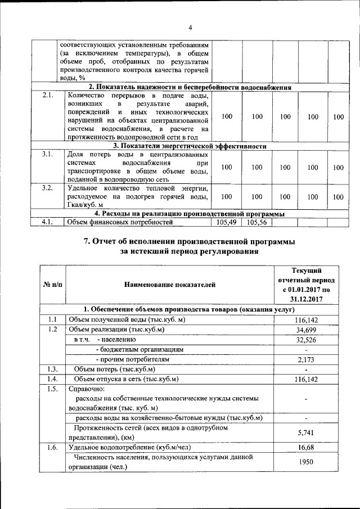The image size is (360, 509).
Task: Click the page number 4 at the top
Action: [x=190, y=28]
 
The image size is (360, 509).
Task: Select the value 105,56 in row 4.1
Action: [x=256, y=222]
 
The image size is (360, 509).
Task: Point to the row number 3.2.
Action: [x=47, y=188]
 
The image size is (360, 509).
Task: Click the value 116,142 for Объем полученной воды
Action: [x=306, y=319]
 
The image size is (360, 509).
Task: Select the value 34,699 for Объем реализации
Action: [x=306, y=330]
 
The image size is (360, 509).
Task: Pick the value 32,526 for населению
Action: [x=306, y=340]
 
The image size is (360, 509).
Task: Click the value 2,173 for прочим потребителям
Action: [x=306, y=359]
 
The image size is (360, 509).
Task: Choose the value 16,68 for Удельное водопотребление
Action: [x=306, y=448]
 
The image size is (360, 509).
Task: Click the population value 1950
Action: [x=306, y=462]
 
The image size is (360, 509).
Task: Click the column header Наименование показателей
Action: [x=169, y=285]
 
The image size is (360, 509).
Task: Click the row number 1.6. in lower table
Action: [x=52, y=448]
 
